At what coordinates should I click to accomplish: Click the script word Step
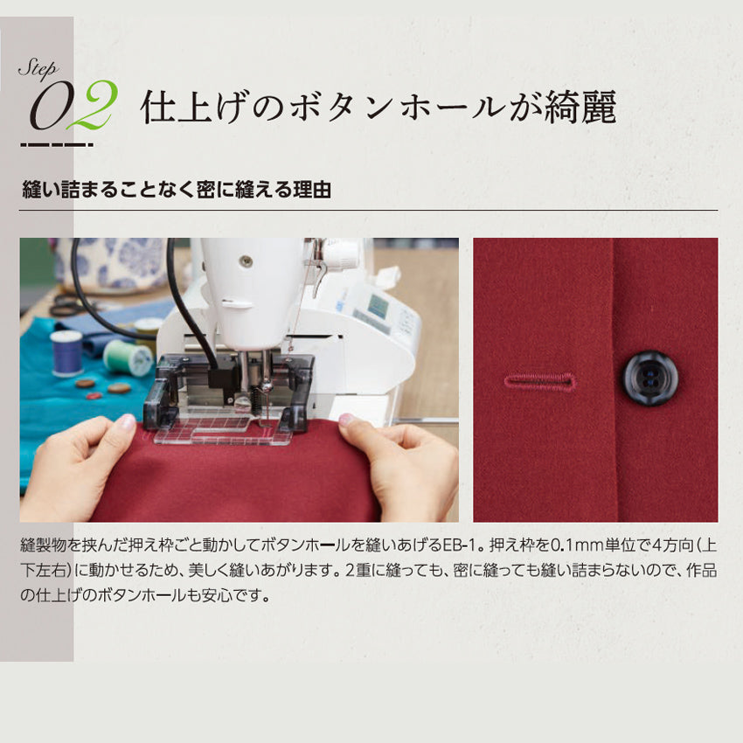coord(38,70)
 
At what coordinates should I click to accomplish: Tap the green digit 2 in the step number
coord(92,105)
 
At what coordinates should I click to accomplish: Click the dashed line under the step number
coord(57,145)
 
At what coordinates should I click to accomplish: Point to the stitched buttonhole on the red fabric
coord(541,381)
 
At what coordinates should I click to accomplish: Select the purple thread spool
coord(66,351)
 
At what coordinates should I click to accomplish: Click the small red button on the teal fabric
coord(94,396)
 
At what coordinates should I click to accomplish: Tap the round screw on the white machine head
coord(245,260)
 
